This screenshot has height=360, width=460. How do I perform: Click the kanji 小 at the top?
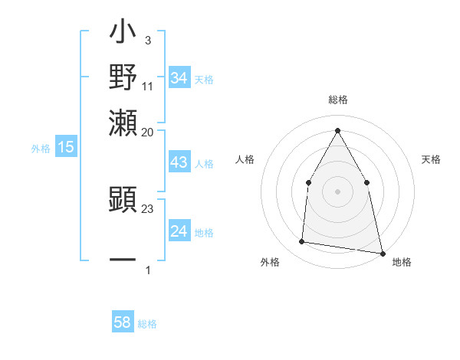coord(123,34)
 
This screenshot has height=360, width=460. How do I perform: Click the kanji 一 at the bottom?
coord(123,260)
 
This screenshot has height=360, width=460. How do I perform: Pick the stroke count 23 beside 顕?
coord(148,208)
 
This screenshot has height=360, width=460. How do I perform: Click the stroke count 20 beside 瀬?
coord(148,132)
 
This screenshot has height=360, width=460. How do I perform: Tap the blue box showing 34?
coord(179,78)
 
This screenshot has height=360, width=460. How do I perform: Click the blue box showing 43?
coord(179,163)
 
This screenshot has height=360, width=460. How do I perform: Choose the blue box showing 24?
coord(179,231)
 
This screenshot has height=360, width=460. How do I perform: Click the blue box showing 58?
coord(123,322)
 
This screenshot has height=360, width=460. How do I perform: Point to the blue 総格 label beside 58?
coord(147,324)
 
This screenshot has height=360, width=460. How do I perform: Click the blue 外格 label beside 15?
coord(40,149)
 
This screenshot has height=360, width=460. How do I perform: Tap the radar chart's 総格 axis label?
coord(337,100)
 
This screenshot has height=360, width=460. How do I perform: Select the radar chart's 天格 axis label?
coord(431,159)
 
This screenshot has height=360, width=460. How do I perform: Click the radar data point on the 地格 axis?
coord(382,253)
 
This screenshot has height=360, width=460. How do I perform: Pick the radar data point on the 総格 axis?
coord(337,129)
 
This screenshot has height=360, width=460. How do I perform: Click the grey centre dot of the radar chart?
coord(337,191)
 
